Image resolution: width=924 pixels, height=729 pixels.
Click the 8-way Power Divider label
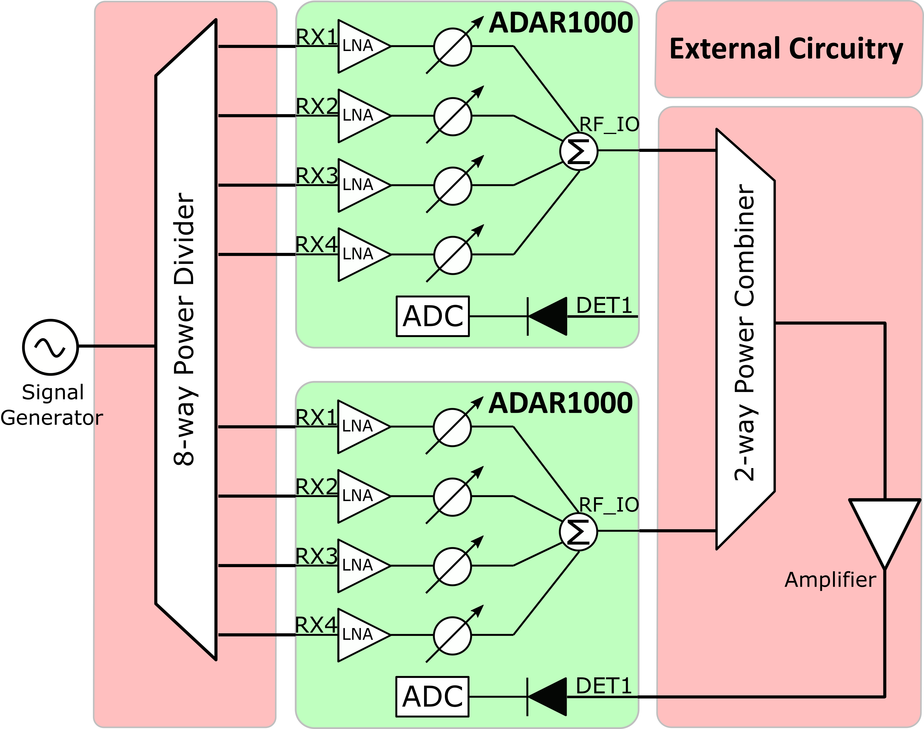point(185,329)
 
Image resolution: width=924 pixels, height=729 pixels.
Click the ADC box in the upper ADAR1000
point(432,316)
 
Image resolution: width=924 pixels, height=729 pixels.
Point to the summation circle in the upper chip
point(578,151)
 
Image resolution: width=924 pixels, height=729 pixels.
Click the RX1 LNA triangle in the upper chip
point(361,46)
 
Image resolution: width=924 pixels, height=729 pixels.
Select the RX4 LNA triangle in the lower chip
point(360,635)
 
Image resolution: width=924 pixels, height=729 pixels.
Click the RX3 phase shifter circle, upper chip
point(452,186)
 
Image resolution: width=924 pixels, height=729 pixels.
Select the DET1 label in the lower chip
point(603,686)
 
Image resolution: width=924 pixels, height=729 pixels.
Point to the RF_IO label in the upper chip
point(608,125)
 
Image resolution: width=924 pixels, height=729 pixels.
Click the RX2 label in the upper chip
point(317,106)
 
